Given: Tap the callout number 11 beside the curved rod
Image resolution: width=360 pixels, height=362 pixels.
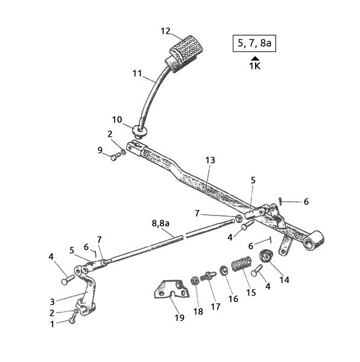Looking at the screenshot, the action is (137, 74).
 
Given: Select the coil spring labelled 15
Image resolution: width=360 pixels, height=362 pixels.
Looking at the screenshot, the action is (241, 264).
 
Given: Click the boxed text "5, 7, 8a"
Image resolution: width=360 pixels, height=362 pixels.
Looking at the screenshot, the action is (254, 43).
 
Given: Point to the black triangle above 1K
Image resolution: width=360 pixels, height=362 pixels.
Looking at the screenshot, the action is (254, 59).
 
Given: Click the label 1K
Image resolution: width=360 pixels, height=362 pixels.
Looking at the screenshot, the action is (254, 66).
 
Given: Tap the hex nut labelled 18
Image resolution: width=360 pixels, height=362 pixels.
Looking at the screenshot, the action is (195, 281).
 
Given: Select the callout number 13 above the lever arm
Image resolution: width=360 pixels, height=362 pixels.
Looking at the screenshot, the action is (210, 160).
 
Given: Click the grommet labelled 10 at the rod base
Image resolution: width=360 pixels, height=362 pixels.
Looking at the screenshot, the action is (139, 132).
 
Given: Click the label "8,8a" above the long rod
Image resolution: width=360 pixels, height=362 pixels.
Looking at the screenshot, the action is (160, 223).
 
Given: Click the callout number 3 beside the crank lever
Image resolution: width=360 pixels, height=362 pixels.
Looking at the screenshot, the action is (52, 302).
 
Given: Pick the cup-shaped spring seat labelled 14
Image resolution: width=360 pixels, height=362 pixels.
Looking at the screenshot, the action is (266, 256).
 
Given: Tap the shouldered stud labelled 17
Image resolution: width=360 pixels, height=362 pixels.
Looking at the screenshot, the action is (208, 276).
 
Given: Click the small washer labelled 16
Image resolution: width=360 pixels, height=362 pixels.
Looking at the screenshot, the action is (223, 270).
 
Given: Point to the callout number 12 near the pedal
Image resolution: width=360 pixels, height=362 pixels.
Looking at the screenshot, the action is (165, 31).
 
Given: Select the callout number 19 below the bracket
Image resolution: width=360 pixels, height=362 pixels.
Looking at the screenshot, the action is (179, 318).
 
